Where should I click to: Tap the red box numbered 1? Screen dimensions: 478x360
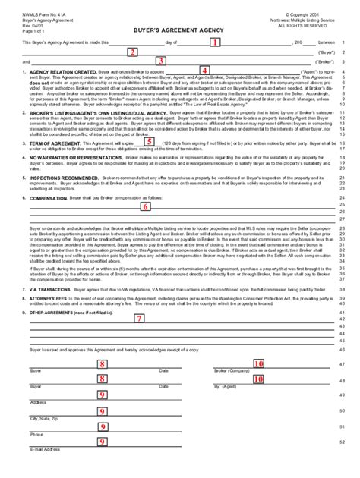pyautogui.click(x=215, y=42)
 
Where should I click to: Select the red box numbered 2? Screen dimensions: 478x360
pyautogui.click(x=132, y=52)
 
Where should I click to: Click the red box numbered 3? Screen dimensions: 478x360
pyautogui.click(x=161, y=61)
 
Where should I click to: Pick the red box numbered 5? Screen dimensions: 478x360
pyautogui.click(x=149, y=141)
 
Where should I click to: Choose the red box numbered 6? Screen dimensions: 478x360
pyautogui.click(x=145, y=206)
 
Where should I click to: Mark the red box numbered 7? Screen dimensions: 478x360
pyautogui.click(x=138, y=319)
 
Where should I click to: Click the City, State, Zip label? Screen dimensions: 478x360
pyautogui.click(x=43, y=418)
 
